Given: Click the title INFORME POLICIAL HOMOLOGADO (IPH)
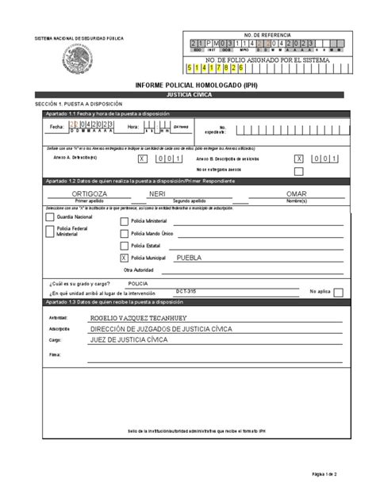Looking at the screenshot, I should (x=187, y=83).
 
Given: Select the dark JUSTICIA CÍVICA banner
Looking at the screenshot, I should (x=187, y=94).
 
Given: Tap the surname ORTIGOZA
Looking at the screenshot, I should (x=94, y=193).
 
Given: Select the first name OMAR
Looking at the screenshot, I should (x=294, y=193).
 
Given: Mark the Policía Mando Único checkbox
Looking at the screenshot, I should (x=123, y=233).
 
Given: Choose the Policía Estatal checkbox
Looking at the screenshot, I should (x=123, y=247).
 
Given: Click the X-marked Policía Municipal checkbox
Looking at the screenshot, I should (x=123, y=258).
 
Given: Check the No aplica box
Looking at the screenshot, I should (x=339, y=292).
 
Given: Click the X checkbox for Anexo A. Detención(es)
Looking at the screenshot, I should (x=144, y=159).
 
